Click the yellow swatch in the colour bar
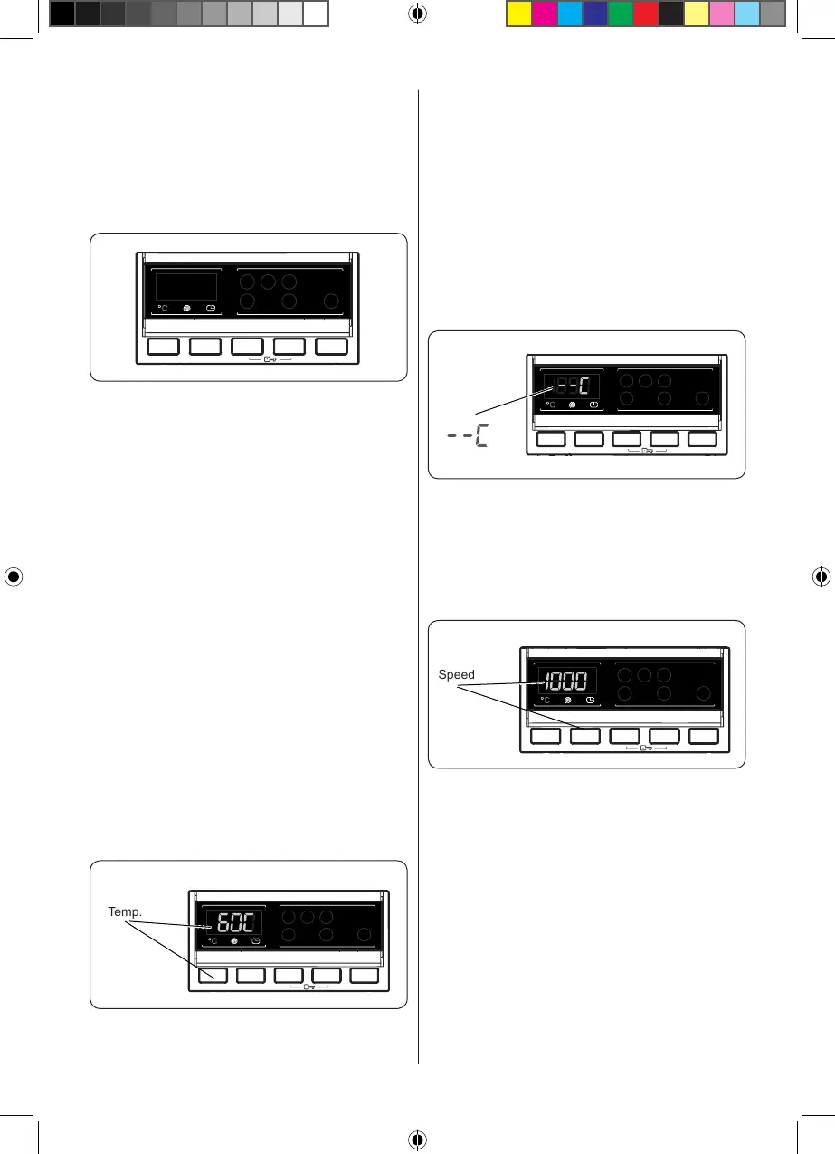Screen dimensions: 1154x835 (x=518, y=13)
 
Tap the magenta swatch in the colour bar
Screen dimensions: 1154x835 (x=544, y=13)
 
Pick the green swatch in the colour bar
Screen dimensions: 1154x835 (x=621, y=13)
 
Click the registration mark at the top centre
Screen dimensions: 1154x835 (x=417, y=14)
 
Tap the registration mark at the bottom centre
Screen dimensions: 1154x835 (x=417, y=1139)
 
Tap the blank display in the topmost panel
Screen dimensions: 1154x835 (x=186, y=288)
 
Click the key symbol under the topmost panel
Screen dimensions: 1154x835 (x=270, y=359)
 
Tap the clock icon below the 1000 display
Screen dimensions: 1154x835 (x=591, y=699)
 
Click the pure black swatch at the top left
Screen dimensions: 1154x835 (x=62, y=13)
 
